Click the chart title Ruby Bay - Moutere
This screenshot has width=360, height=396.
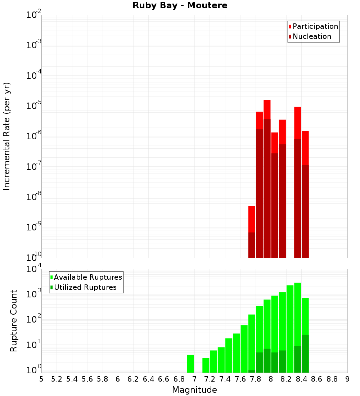pos(180,6)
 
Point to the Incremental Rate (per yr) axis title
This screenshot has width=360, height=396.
pos(7,136)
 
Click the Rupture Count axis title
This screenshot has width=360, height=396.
pos(14,320)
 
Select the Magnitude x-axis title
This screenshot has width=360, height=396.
pos(194,390)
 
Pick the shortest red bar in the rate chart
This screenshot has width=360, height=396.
pos(252,230)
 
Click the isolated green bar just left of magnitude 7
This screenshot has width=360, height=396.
pos(190,364)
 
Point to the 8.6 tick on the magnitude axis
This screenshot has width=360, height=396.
pos(317,379)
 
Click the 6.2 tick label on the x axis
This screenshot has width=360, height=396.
pos(133,379)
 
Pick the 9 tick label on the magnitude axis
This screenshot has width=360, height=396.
pos(347,379)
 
